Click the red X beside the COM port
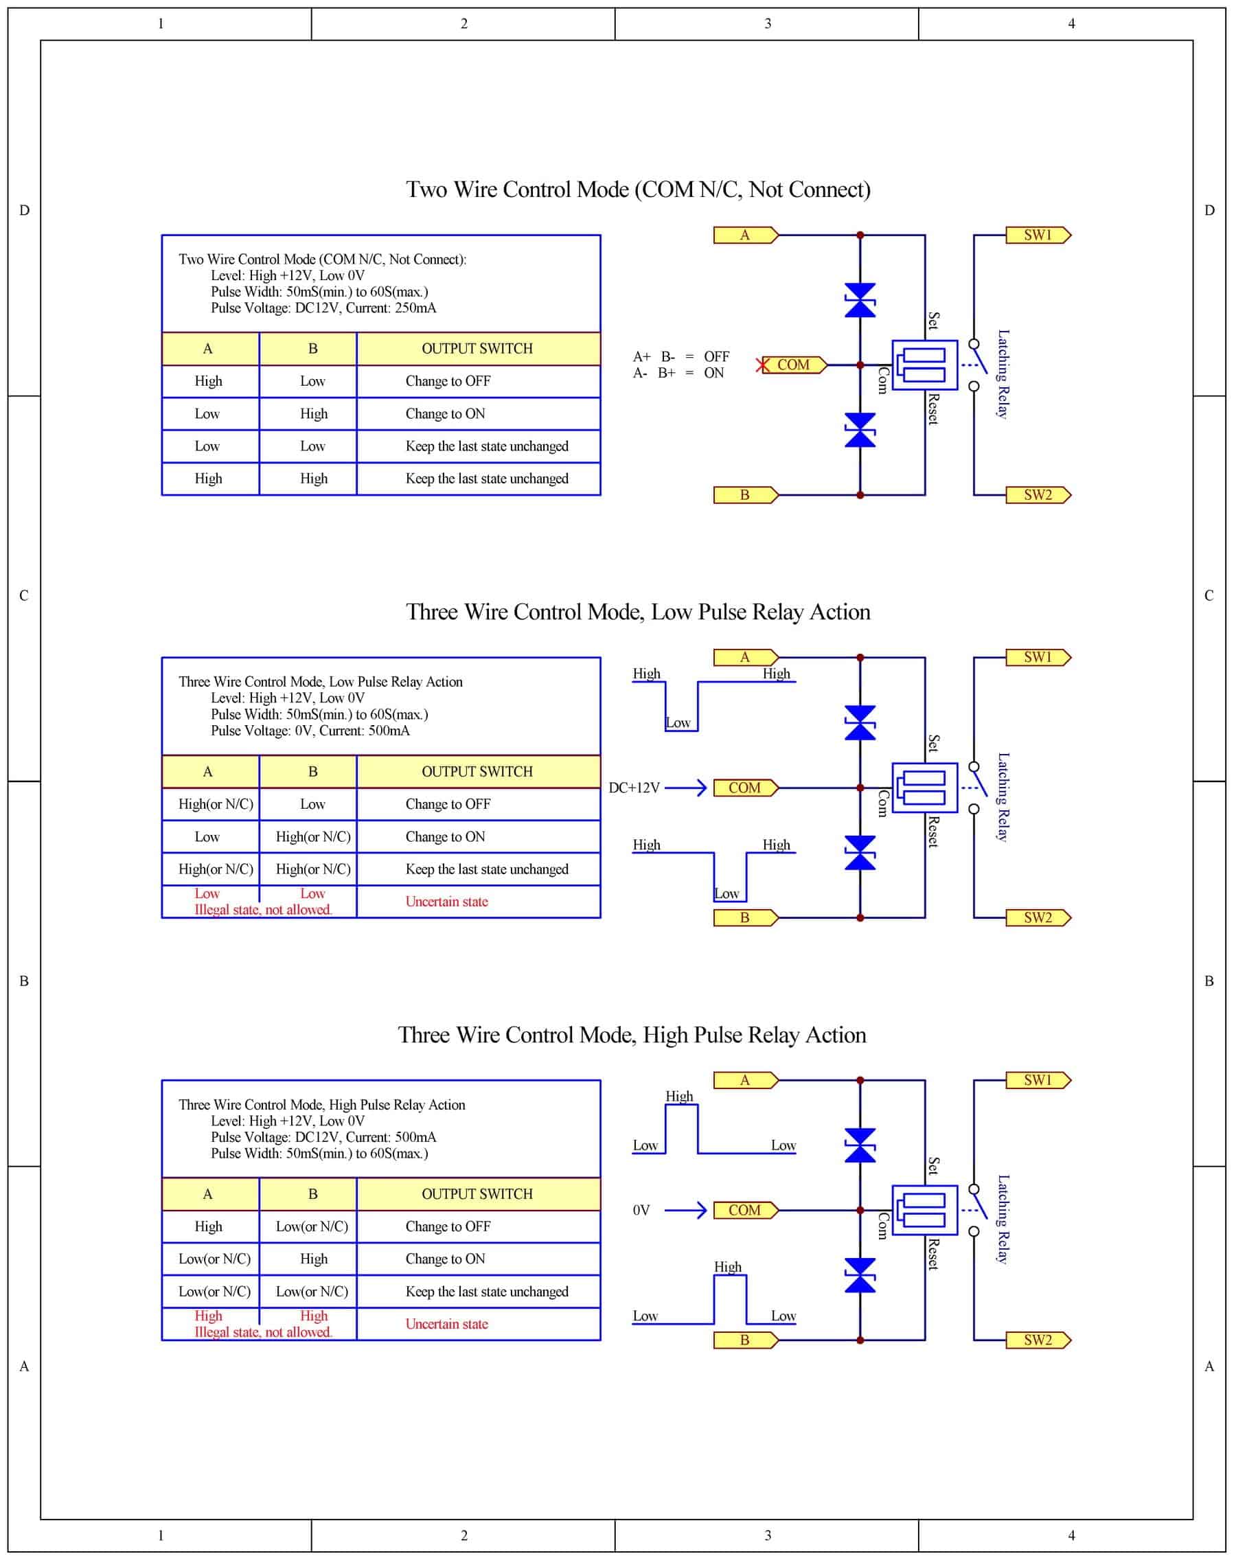pyautogui.click(x=762, y=365)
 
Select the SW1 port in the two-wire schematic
pyautogui.click(x=1038, y=236)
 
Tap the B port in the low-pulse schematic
pyautogui.click(x=744, y=918)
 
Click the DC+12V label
pyautogui.click(x=634, y=788)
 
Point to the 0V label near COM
pyautogui.click(x=641, y=1211)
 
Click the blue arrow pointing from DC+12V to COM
pyautogui.click(x=685, y=788)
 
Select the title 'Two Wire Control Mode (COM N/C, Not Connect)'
pyautogui.click(x=638, y=190)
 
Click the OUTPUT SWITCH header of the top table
pyautogui.click(x=477, y=349)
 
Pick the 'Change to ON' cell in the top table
pyautogui.click(x=445, y=413)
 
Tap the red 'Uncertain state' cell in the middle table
pyautogui.click(x=446, y=902)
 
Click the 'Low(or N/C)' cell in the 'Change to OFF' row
pyautogui.click(x=312, y=1226)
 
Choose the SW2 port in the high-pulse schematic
pyautogui.click(x=1038, y=1340)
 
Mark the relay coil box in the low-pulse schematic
pyautogui.click(x=924, y=788)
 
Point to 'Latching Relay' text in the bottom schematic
pyautogui.click(x=1003, y=1220)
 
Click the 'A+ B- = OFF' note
pyautogui.click(x=680, y=356)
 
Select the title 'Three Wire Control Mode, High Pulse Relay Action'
pyautogui.click(x=631, y=1035)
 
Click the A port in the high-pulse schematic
pyautogui.click(x=744, y=1080)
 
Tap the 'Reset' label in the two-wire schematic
pyautogui.click(x=933, y=409)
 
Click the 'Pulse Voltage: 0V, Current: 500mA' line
pyautogui.click(x=310, y=731)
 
